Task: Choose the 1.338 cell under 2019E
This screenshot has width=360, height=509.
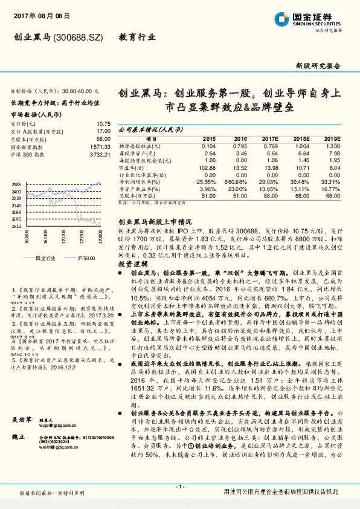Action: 333,146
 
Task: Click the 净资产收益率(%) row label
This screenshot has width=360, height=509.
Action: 143,188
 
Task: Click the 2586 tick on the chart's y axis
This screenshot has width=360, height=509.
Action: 17,184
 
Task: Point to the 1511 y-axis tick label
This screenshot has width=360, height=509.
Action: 17,226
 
